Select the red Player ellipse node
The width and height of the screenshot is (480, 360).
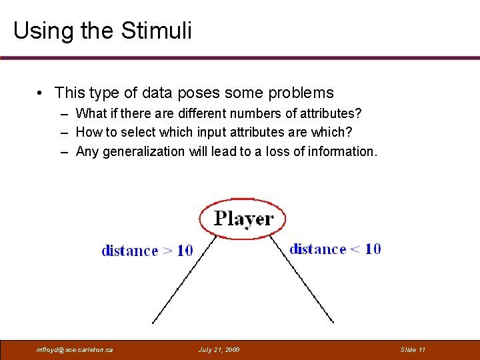click(x=242, y=218)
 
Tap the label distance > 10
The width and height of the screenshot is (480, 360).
click(x=147, y=251)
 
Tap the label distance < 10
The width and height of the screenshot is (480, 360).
click(x=335, y=249)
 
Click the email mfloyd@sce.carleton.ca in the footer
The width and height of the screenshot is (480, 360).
click(x=75, y=350)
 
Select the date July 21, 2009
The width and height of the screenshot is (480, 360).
click(x=219, y=350)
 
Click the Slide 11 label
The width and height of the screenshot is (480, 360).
click(x=413, y=350)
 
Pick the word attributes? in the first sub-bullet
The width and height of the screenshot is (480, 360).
click(x=329, y=114)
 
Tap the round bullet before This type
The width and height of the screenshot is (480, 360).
click(x=41, y=93)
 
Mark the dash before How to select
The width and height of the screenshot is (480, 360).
click(x=65, y=133)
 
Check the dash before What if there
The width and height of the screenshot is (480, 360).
click(x=65, y=114)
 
